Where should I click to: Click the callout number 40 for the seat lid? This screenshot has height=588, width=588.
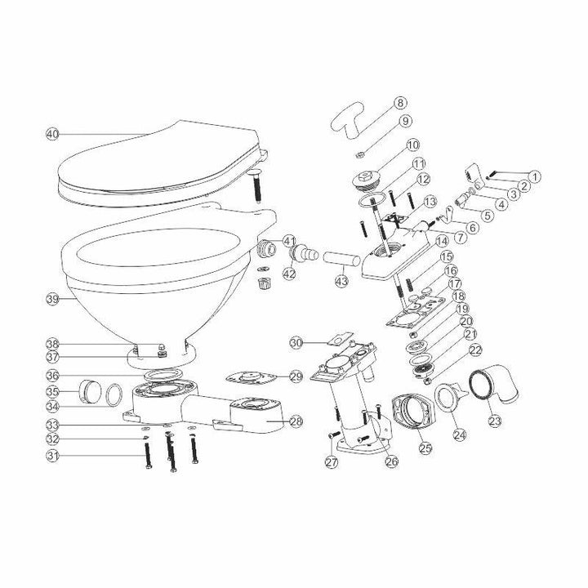(53, 133)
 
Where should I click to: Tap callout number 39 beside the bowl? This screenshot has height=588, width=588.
(53, 300)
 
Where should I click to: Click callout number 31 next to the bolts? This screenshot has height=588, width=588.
(53, 455)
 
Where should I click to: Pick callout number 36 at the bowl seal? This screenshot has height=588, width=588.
(53, 376)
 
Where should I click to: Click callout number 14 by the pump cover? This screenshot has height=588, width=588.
(442, 241)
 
